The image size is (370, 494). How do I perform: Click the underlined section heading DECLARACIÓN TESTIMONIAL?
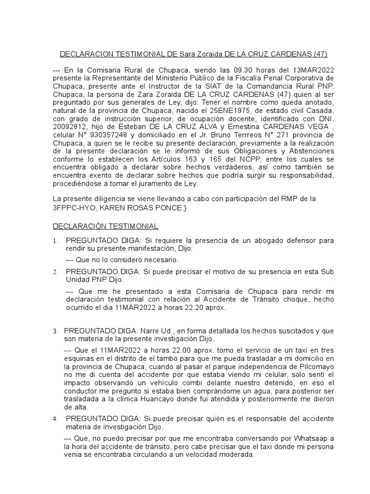tap(105, 226)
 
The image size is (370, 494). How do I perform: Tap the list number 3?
tap(55, 331)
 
